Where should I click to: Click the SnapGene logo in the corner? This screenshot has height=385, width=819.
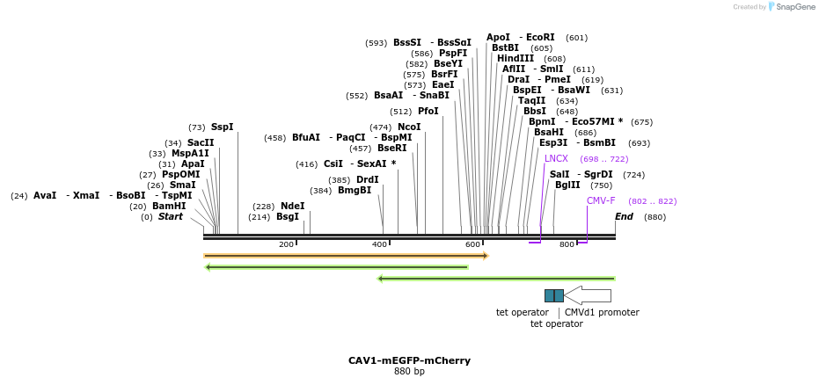click(x=792, y=7)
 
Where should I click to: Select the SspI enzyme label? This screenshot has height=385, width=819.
click(x=222, y=127)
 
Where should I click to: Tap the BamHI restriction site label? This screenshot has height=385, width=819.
click(x=169, y=207)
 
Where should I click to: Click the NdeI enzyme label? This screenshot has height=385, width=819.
click(x=292, y=207)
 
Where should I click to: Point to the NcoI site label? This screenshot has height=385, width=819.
click(x=409, y=127)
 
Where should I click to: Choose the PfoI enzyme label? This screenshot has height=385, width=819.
click(x=428, y=112)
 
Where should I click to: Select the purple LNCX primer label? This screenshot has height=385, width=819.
click(x=556, y=159)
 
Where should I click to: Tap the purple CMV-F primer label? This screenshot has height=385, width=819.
click(x=601, y=201)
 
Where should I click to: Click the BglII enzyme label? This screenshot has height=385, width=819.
click(x=567, y=185)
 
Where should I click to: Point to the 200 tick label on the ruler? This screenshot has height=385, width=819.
click(x=286, y=244)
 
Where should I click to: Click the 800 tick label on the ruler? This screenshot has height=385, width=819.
click(x=567, y=244)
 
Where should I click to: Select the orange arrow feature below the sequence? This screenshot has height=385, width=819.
click(x=346, y=256)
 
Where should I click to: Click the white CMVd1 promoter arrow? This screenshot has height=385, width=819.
click(x=588, y=295)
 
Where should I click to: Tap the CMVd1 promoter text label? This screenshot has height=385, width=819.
click(x=602, y=313)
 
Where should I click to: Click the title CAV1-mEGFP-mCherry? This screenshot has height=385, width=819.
click(x=409, y=360)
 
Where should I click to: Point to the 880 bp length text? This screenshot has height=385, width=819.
click(x=409, y=372)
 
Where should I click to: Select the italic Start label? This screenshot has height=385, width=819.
click(x=171, y=217)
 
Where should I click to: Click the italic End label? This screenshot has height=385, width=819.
click(x=624, y=217)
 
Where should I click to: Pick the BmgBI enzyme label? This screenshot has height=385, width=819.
click(x=355, y=191)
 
